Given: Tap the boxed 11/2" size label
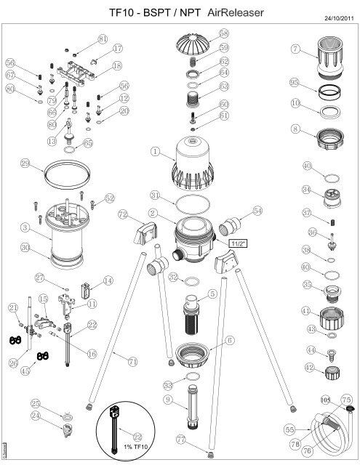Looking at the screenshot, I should tap(237, 244).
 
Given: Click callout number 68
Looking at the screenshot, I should tap(223, 33).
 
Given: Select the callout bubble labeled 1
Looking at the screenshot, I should tap(155, 152).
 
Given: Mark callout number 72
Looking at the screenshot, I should tap(123, 215).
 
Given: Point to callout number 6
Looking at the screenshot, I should tap(230, 339).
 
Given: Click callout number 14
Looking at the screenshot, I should tap(108, 280).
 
